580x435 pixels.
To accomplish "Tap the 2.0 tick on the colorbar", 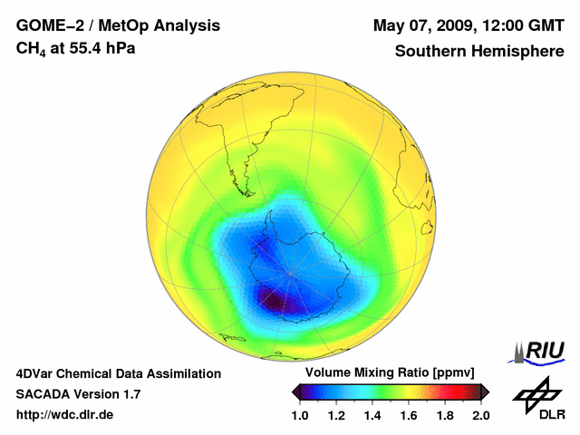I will [x=481, y=415].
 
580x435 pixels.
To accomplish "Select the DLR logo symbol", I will [x=533, y=394].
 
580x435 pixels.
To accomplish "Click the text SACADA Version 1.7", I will [x=78, y=394].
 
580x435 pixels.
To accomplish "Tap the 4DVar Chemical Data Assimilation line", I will [x=118, y=373].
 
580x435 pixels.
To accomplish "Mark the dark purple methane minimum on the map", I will [x=272, y=299].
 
